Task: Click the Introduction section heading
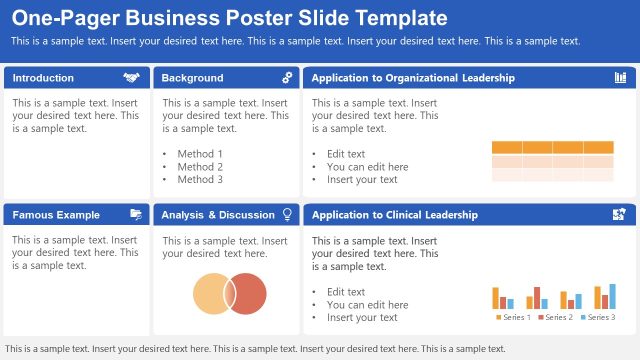(43, 78)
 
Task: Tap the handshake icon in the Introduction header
(131, 78)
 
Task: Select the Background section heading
(192, 78)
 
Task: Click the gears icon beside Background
(287, 78)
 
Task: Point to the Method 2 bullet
(200, 167)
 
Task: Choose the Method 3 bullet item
(200, 180)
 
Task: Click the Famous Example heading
(56, 215)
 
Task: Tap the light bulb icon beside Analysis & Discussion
(287, 215)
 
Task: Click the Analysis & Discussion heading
(217, 215)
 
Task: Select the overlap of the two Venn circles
(229, 292)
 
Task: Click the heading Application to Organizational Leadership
(413, 78)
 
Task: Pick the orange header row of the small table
(552, 147)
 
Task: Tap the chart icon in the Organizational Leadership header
(620, 78)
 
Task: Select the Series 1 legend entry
(512, 318)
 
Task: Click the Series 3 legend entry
(597, 318)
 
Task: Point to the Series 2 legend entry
(555, 318)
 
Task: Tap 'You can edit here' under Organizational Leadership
(367, 167)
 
